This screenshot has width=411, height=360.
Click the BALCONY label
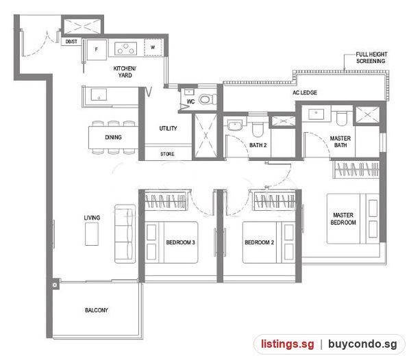(x=97, y=310)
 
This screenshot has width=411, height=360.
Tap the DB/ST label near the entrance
(x=71, y=42)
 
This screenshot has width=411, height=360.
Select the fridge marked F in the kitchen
(x=97, y=50)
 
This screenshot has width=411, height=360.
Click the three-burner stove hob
(x=126, y=49)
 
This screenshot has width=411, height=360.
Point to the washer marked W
(x=153, y=47)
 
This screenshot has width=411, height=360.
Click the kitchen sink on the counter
(x=99, y=94)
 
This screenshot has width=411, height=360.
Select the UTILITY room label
(x=168, y=128)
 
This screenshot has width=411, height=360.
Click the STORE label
(x=167, y=154)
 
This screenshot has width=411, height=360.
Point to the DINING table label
(x=113, y=137)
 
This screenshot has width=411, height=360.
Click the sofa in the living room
(x=125, y=233)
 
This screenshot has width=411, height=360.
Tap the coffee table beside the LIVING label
(x=92, y=234)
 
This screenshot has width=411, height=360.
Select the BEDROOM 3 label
(x=181, y=242)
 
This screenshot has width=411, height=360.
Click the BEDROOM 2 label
(x=259, y=242)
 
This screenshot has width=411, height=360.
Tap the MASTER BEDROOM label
(x=343, y=219)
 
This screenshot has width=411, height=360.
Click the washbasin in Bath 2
(x=235, y=125)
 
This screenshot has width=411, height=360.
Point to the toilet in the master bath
(x=342, y=118)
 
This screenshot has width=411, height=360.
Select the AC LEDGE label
(x=305, y=92)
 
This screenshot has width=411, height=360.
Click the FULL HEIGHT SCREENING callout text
(x=371, y=57)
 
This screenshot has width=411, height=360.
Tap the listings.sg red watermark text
(x=287, y=344)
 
